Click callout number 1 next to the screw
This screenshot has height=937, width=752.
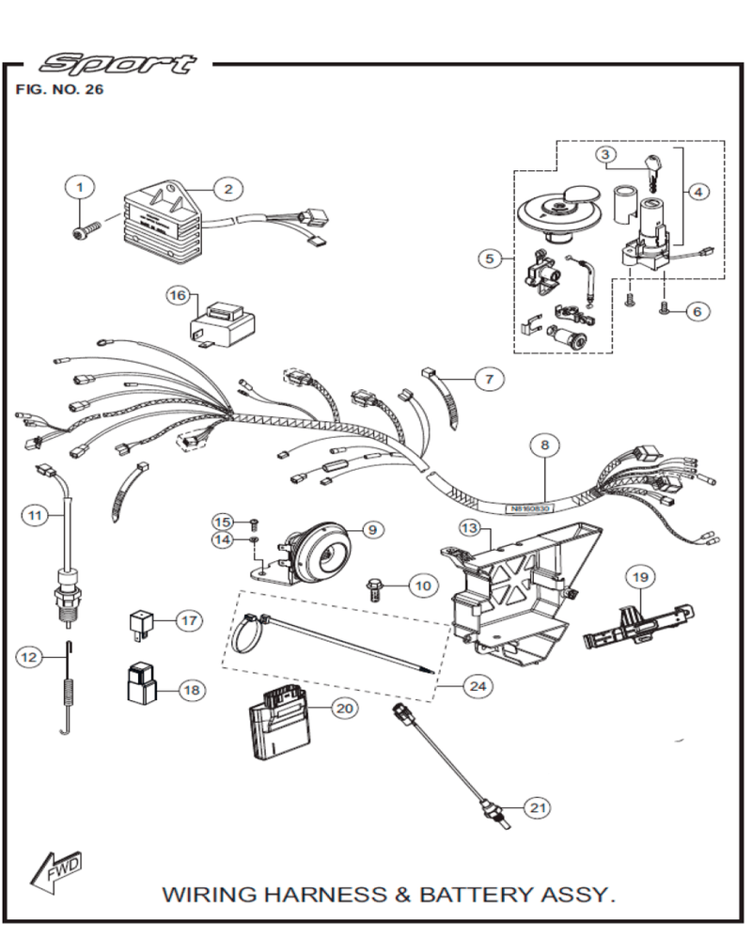click(80, 187)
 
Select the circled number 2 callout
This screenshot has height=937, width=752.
click(227, 188)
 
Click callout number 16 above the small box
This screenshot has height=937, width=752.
click(179, 295)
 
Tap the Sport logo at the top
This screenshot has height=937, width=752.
click(118, 64)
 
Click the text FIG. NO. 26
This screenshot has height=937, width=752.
click(60, 91)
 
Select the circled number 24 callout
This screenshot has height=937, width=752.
click(478, 686)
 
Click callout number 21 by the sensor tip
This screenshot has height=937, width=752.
click(537, 807)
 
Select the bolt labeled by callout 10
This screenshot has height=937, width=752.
click(375, 590)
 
